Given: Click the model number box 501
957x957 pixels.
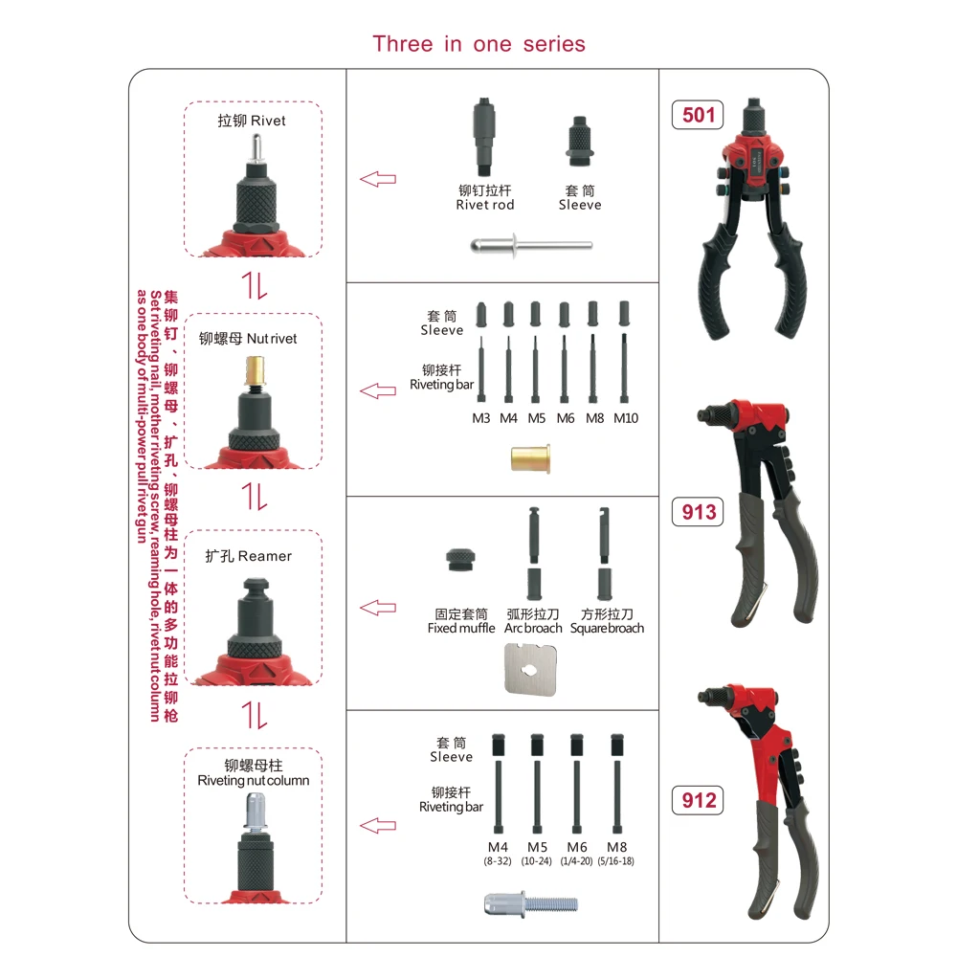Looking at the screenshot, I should pos(699,115).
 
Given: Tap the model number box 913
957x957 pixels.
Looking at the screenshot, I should pos(699,512).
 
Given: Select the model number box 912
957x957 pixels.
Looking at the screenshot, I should pos(699,800).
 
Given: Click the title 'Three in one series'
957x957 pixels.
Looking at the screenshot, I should pos(478,44).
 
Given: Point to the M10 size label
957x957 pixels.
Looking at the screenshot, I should pos(626,418).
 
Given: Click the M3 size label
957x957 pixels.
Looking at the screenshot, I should pos(481,418).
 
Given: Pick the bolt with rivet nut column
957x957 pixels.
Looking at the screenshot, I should pos(532,902).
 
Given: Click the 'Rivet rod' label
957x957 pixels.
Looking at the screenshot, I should pos(485,205).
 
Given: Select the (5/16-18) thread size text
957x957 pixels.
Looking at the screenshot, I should pos(614,861).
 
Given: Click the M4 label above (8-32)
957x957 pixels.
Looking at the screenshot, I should pos(498,847).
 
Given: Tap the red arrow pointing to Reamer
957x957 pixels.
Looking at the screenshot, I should pos(377,608).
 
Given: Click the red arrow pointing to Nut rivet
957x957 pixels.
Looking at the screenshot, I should pos(377,390).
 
